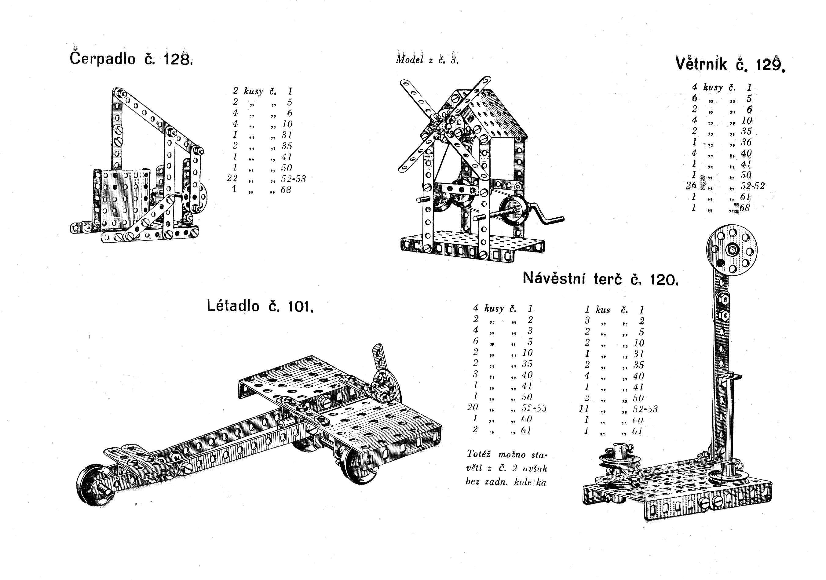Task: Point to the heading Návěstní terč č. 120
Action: (600, 279)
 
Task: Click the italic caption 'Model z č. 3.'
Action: (427, 60)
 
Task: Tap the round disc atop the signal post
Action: (731, 249)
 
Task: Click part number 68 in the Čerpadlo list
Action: (286, 190)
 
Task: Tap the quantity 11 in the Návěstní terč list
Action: (583, 409)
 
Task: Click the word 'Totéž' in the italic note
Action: (477, 454)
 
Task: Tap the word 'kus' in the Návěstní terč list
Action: (603, 310)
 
